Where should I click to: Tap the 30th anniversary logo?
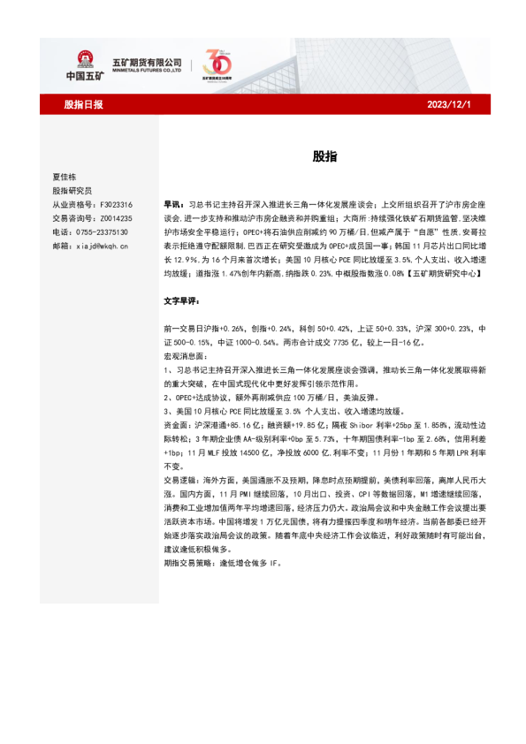pos(216,63)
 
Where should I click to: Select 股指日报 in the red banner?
pos(84,105)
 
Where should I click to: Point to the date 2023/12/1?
pos(449,105)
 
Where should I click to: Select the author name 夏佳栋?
pos(65,177)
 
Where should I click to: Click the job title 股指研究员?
pos(72,190)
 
